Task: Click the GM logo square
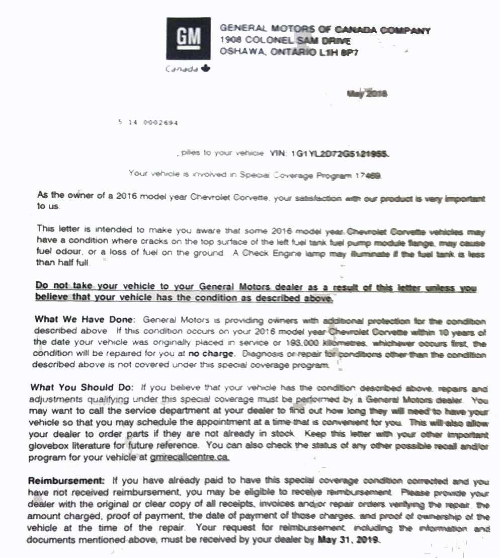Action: (x=188, y=38)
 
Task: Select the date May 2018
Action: (x=367, y=94)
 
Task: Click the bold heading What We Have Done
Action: (x=85, y=320)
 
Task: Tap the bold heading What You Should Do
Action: (x=82, y=387)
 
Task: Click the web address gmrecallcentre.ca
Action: (x=190, y=457)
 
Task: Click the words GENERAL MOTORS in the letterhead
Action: (x=256, y=30)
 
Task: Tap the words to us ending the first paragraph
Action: (x=48, y=206)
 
